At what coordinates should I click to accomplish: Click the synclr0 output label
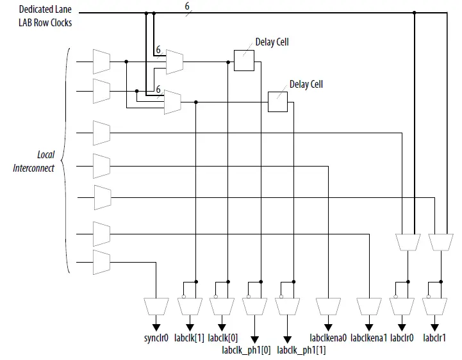[x=156, y=338]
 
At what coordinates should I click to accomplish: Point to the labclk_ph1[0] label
[x=247, y=350]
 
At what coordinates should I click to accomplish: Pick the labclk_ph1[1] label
[x=301, y=350]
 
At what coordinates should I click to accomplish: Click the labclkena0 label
[x=328, y=338]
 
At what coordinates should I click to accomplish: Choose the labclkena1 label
[x=368, y=338]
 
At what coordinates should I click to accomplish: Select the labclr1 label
[x=434, y=338]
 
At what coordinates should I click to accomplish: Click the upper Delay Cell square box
[x=243, y=61]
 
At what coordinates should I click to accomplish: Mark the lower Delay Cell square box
[x=277, y=102]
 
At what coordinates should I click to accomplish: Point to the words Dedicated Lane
[x=45, y=10]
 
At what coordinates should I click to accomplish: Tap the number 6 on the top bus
[x=187, y=6]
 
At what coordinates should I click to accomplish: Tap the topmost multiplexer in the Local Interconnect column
[x=101, y=61]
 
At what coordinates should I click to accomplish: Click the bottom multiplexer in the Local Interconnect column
[x=101, y=262]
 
